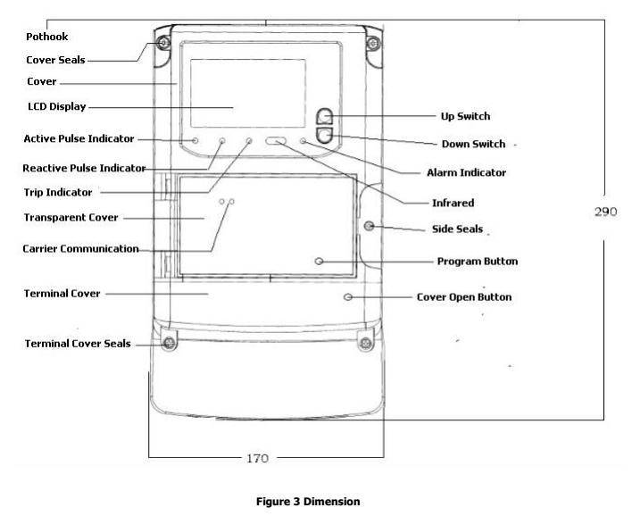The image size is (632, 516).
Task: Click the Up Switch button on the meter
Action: coord(327,116)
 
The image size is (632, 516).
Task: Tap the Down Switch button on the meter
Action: coord(327,136)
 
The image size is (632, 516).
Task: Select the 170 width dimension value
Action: coord(257,458)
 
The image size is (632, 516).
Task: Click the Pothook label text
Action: coord(47,37)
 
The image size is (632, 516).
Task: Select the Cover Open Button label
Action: coord(464,296)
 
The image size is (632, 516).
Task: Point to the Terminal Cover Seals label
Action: coord(78,343)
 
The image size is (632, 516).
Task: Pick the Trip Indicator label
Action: coord(58,191)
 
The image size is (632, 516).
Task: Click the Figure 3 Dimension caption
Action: coord(316,501)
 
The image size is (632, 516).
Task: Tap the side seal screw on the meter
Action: coord(368,227)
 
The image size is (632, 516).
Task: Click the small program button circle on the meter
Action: coord(320,262)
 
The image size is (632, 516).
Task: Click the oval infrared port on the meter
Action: coord(276,141)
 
